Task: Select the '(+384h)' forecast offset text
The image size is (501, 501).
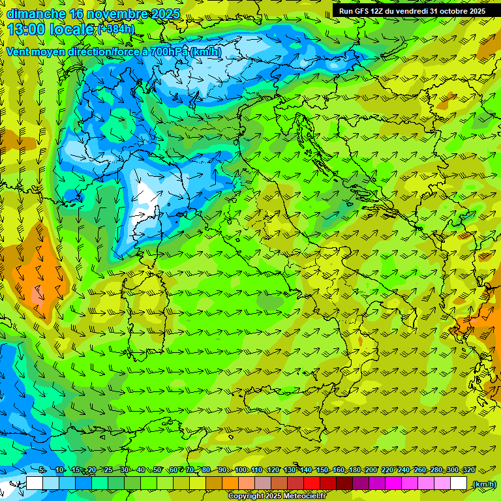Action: coord(116,29)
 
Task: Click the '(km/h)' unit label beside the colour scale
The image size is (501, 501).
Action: coord(483,484)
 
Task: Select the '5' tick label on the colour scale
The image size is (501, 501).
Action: coord(42,470)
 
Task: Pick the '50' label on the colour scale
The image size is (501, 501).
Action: coord(157,470)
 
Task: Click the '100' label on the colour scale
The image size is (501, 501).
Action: coord(241,470)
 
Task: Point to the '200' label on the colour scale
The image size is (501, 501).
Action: coord(371,470)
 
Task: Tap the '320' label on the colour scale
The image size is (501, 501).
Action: coord(468,470)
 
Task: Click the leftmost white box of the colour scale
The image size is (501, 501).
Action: coord(35,483)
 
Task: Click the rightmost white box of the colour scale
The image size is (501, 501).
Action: coord(459,483)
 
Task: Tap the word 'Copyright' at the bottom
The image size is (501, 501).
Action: coord(246,496)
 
